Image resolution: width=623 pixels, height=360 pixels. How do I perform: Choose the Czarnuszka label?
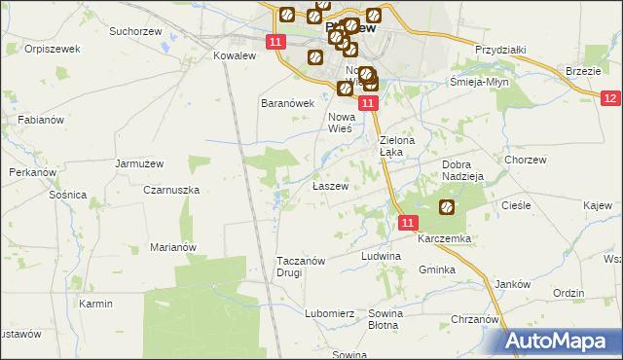point(172,190)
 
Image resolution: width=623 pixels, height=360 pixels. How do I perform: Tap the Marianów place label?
point(173,247)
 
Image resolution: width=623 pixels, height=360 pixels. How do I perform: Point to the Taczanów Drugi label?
point(302,267)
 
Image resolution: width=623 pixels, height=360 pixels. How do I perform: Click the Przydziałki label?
point(500,50)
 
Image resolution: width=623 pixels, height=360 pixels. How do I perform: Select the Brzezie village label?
point(582,71)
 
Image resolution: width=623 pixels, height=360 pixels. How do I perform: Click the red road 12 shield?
point(610,98)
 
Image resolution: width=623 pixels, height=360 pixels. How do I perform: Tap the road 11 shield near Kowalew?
point(275,42)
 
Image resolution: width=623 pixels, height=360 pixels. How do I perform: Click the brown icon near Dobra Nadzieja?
point(446,206)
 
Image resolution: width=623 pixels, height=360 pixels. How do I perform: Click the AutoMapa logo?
point(561,342)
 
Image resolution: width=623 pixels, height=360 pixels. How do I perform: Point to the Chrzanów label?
point(475,319)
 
